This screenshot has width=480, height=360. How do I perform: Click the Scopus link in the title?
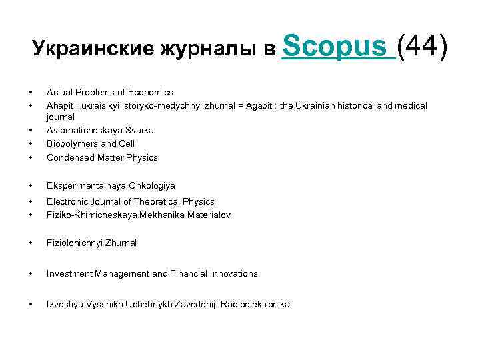coord(338,47)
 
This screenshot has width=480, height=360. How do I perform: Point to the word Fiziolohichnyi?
coord(73,243)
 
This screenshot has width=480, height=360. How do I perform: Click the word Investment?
coord(69,273)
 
